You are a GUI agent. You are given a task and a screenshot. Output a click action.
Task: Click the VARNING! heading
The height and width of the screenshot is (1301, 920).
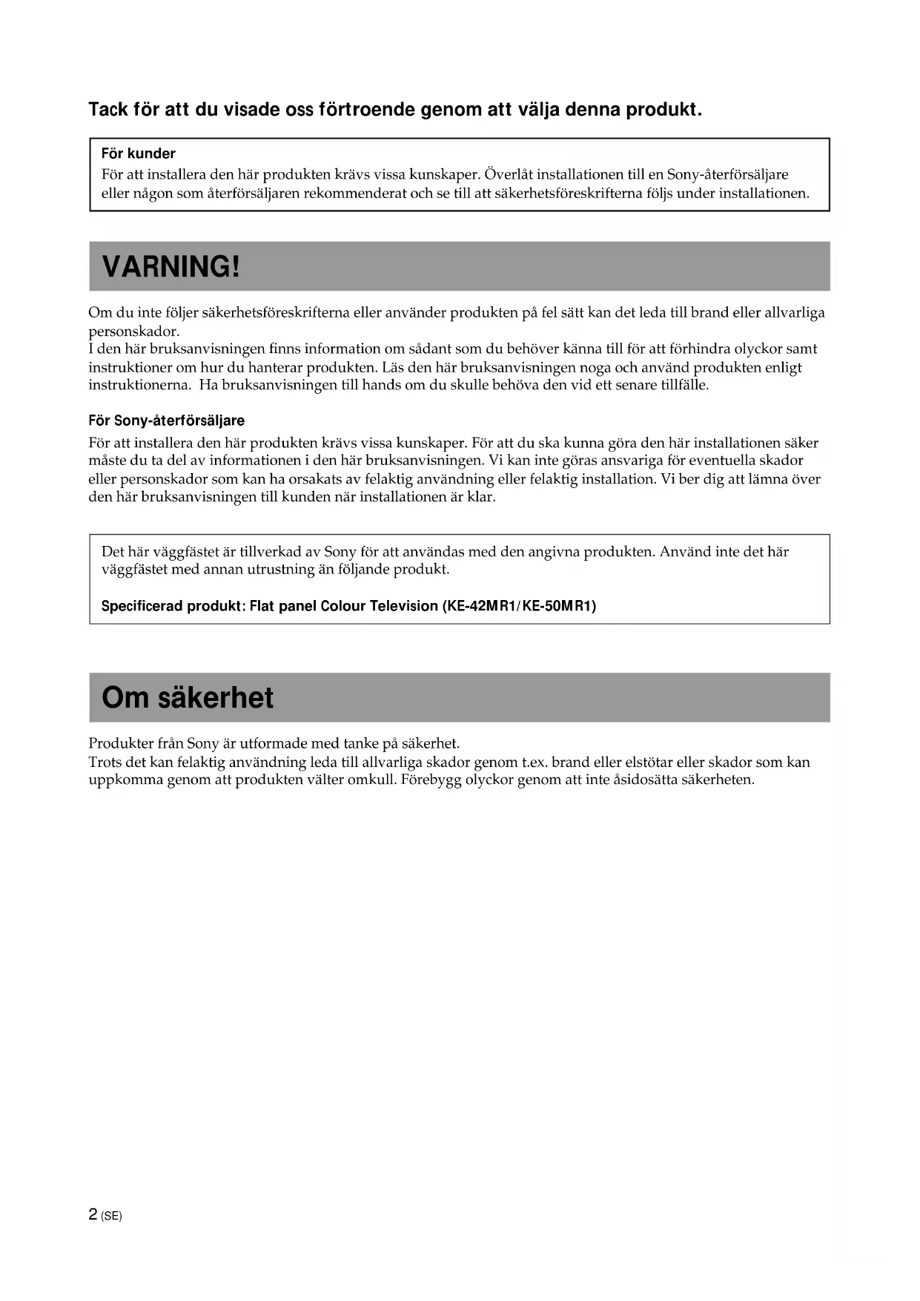tap(171, 266)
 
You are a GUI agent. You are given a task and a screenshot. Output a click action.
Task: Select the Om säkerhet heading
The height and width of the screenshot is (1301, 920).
tap(188, 697)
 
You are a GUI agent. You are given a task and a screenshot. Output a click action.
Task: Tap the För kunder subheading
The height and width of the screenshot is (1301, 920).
tap(138, 154)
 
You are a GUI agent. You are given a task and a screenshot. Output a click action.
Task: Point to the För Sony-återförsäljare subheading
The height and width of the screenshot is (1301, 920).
tap(166, 421)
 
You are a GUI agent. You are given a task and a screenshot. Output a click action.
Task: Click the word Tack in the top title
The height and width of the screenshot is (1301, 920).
tap(108, 110)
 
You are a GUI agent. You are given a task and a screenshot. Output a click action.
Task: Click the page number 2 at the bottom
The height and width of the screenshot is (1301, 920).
tap(93, 1214)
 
